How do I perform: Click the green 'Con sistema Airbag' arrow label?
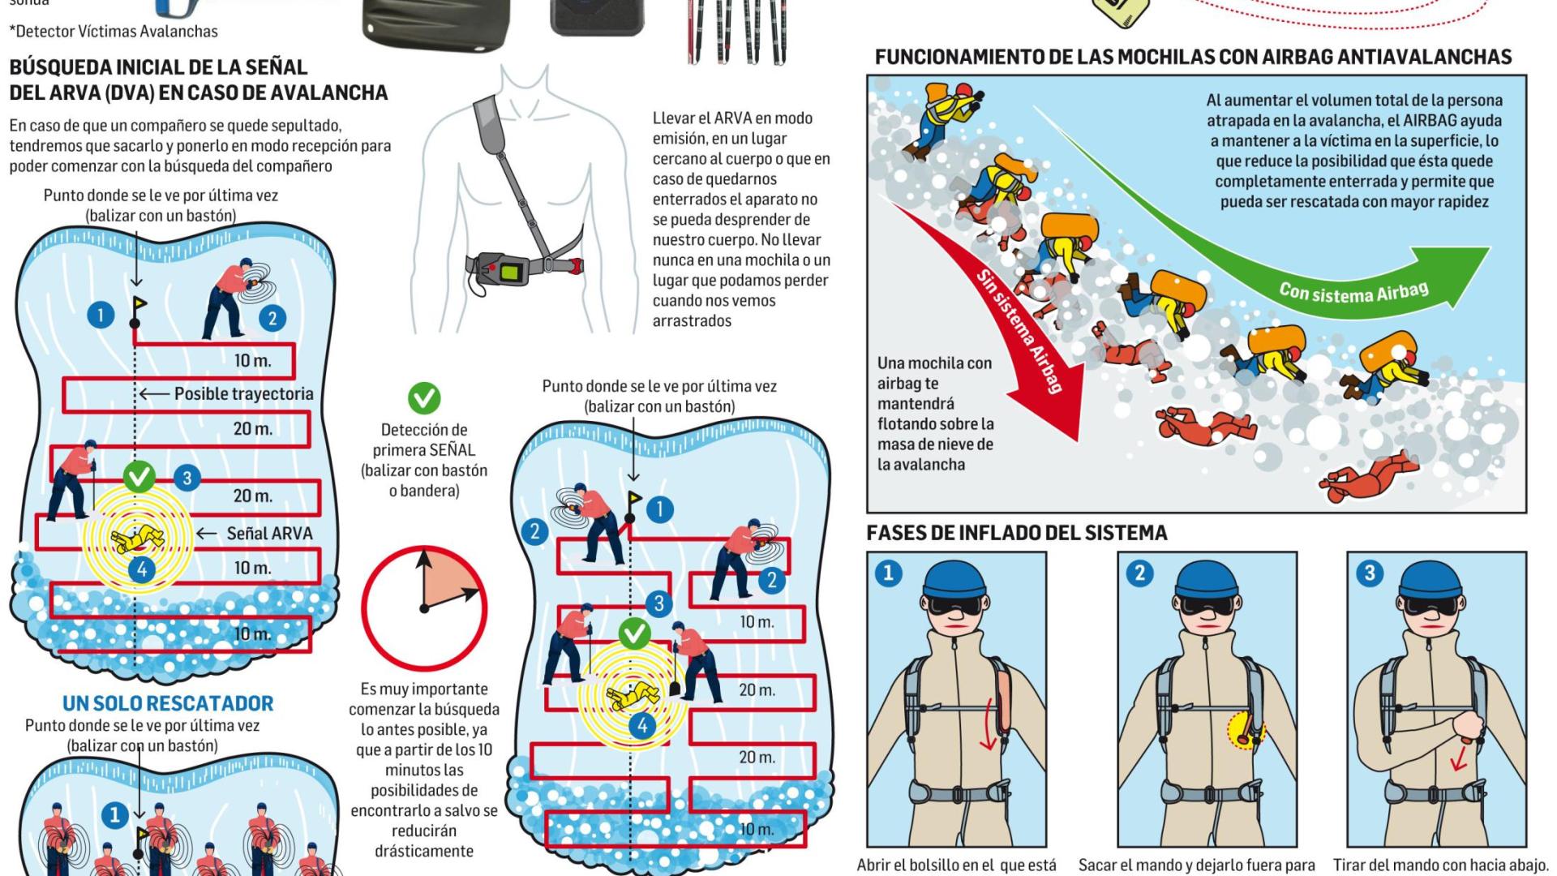tap(1353, 291)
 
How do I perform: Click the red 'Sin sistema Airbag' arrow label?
tap(1019, 333)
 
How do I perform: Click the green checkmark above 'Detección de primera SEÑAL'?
tap(423, 398)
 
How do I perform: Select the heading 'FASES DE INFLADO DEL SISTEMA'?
tap(1016, 533)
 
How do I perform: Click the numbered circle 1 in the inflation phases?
tap(888, 573)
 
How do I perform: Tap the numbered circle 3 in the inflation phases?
tap(1370, 573)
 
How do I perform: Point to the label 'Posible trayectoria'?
tap(243, 394)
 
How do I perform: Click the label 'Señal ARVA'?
tap(269, 534)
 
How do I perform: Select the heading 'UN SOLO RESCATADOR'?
tap(168, 703)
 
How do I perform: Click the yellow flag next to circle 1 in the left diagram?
tap(139, 306)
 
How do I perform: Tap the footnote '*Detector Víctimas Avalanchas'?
tap(114, 32)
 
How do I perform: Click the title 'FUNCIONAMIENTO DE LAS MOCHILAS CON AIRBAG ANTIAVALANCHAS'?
tap(1193, 58)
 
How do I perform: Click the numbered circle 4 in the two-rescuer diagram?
tap(642, 724)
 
